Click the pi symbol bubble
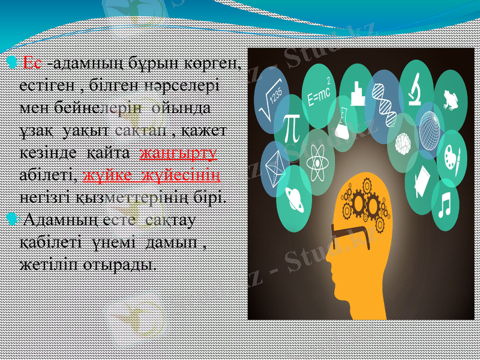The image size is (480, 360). point(291,126)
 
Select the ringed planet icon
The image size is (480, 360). point(293,195)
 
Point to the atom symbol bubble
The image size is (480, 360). point(314,163)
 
